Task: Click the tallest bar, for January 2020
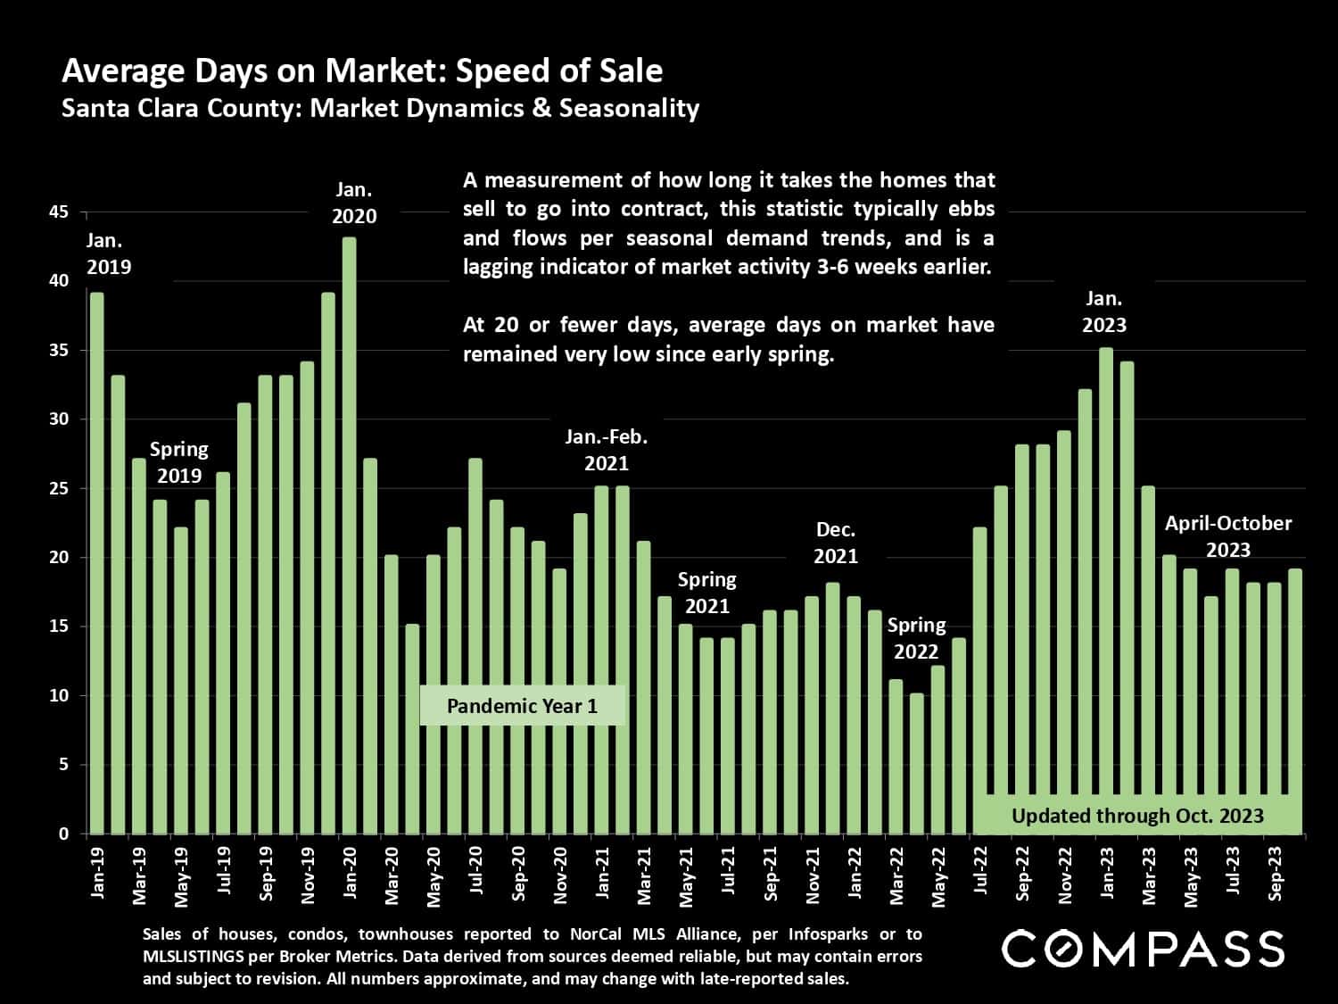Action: click(x=349, y=535)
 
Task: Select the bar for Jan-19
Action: click(x=96, y=562)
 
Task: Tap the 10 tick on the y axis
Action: click(x=59, y=695)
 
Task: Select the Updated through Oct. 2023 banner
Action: click(x=1137, y=815)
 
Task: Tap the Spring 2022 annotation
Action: click(x=916, y=638)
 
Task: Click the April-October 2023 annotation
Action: click(x=1227, y=536)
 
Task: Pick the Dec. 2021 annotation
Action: click(x=836, y=543)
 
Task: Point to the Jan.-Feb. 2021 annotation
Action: click(x=607, y=450)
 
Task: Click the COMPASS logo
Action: click(x=1143, y=949)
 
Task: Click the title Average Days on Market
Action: click(x=362, y=71)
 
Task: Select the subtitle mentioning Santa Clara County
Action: click(x=380, y=109)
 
